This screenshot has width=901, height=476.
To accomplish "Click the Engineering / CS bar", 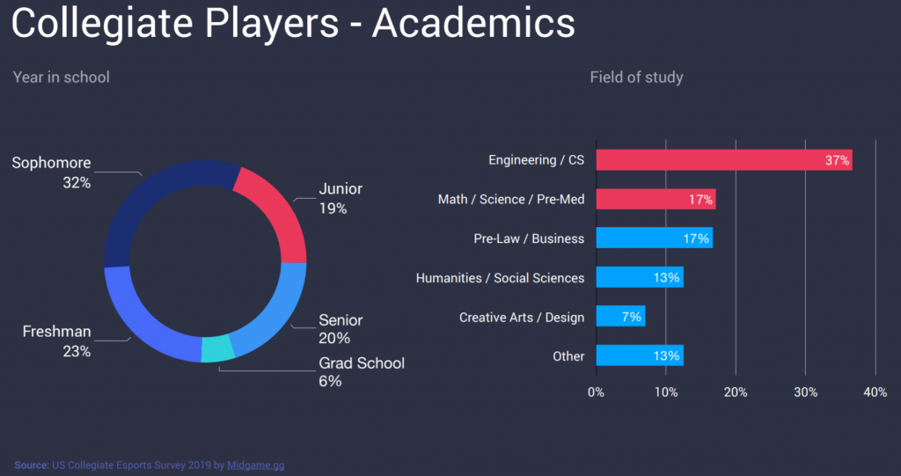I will [723, 160].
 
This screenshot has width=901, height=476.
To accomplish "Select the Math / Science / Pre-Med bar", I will [656, 199].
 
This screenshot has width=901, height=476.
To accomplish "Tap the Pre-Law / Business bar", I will [654, 238].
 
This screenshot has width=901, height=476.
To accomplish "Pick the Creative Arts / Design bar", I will [620, 317].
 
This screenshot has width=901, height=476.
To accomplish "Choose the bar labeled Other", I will [640, 355].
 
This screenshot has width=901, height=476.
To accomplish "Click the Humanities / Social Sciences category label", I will [500, 278].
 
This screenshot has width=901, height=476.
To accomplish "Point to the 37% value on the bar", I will [837, 160].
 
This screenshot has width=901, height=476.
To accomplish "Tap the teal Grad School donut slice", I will [217, 349].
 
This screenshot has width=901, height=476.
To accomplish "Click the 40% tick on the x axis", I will [875, 392].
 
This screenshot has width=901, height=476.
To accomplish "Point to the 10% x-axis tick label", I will [665, 392].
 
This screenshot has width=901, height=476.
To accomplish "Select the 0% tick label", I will [596, 392].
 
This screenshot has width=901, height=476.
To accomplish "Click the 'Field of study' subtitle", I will [636, 77].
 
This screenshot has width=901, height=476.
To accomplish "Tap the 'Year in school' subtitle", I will [62, 77].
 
